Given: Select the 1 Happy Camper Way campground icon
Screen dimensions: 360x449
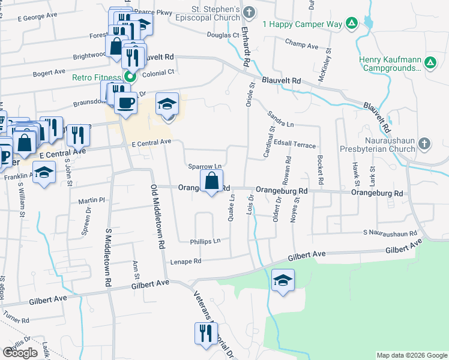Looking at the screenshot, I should [352, 24].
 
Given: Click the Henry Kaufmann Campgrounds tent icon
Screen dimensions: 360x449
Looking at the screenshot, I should [430, 62].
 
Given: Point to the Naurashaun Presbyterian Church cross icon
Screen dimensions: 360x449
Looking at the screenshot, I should [424, 143].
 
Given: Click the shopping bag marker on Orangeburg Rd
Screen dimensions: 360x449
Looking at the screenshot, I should [211, 181].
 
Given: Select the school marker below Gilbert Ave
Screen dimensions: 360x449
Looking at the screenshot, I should [283, 281].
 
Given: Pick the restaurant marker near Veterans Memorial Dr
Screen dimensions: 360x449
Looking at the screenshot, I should [205, 334].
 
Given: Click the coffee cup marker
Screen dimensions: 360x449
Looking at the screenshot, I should [125, 103].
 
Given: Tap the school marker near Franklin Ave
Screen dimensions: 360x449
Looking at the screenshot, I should [43, 174].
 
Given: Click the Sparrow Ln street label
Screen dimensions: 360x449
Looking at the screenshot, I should [205, 166].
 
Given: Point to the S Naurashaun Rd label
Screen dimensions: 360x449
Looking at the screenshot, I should [390, 232].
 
